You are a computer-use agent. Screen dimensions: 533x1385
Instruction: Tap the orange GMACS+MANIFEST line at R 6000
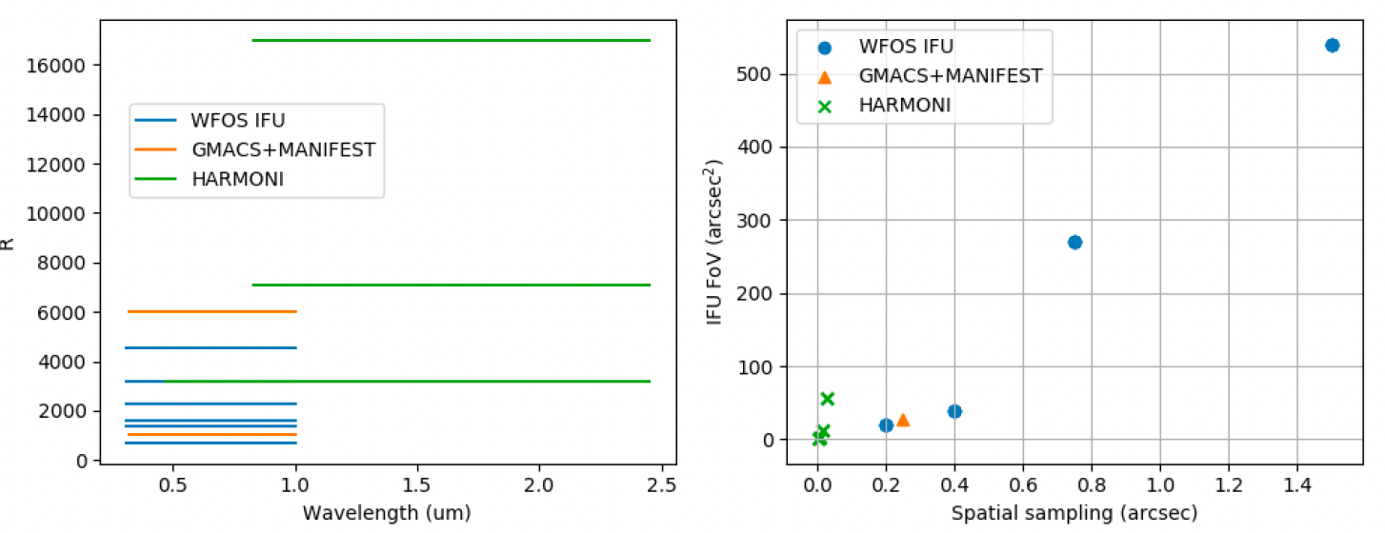(x=211, y=311)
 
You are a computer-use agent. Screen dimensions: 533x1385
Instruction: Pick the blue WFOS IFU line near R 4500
(x=211, y=348)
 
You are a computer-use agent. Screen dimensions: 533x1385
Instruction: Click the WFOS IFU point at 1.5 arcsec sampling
(x=1332, y=45)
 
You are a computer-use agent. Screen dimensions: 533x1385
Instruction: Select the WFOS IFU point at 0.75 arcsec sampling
(x=1074, y=242)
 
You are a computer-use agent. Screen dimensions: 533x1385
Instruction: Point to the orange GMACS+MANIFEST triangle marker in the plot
(x=903, y=420)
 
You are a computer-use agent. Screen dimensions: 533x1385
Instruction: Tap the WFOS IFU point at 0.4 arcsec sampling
(x=954, y=411)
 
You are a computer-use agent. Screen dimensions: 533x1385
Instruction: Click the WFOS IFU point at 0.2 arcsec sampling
(x=886, y=425)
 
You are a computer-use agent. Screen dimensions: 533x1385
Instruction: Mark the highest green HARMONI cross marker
(x=827, y=399)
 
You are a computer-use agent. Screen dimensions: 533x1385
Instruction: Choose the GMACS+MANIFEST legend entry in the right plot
(x=951, y=75)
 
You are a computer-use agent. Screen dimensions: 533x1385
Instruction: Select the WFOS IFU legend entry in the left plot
(x=238, y=120)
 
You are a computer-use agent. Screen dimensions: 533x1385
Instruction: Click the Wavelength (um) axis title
(x=387, y=513)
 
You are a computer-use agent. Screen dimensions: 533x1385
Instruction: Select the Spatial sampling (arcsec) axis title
(x=1074, y=513)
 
